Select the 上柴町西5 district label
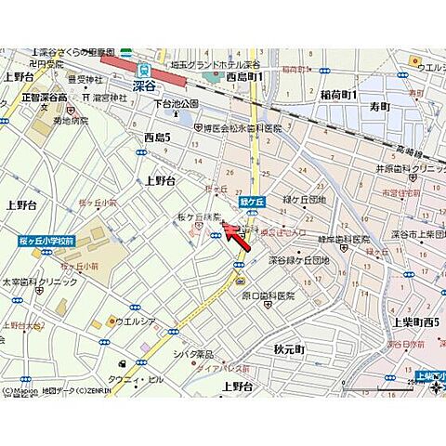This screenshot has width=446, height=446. point(416,321)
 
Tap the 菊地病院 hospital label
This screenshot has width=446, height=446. point(70,120)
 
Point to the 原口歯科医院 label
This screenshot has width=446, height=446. point(269,296)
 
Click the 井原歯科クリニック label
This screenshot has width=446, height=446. point(410,168)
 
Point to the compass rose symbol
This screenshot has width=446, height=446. point(437,387)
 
